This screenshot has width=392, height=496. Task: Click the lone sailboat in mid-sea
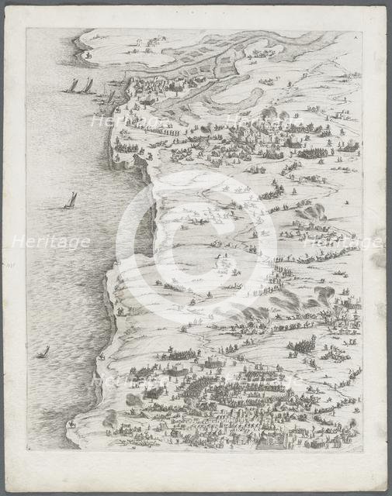(x=71, y=201)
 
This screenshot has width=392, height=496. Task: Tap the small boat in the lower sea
(x=43, y=352)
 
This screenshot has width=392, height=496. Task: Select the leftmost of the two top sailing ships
(x=72, y=85)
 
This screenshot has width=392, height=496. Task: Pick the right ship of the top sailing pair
(x=88, y=85)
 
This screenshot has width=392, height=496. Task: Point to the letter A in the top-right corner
(x=356, y=36)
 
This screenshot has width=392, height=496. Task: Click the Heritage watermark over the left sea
(x=50, y=242)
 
